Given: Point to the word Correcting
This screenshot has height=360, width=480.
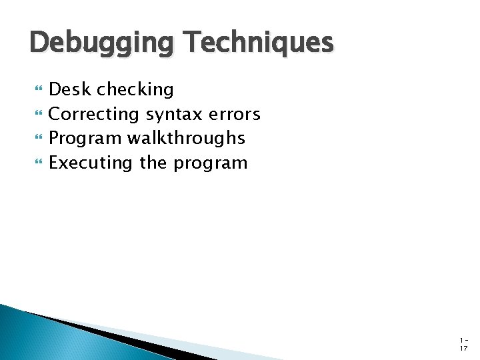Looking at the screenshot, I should pos(93,114).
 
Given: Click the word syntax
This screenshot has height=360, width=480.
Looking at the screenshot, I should pos(173,115).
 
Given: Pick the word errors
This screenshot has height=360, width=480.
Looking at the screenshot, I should pos(234,114).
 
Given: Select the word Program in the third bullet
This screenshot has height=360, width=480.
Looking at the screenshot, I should pos(85,139).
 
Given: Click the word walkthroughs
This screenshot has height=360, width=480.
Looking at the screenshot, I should pos(186,138).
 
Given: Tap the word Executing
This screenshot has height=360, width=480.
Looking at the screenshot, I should pos(91,163).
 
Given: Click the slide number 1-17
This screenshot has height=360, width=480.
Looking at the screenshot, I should pos(463,343).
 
